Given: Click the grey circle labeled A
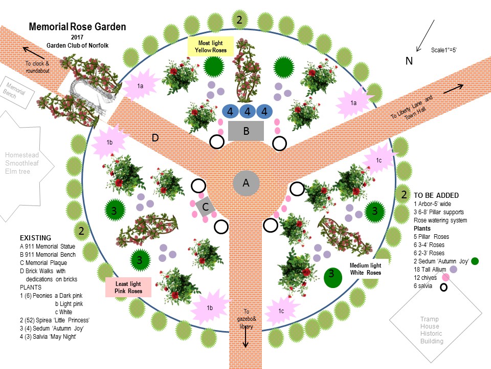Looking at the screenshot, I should point(245,183).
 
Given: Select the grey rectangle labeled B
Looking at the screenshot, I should point(245,131).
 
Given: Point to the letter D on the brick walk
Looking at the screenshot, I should point(155,138).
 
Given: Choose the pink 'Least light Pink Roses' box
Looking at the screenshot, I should point(128,287).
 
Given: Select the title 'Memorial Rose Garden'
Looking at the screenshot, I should point(77,27).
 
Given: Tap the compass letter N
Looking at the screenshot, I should point(409,61).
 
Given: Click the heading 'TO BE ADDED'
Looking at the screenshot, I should point(436,195).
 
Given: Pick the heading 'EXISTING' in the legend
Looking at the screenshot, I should point(35,238).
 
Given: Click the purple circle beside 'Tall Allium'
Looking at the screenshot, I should point(453,270).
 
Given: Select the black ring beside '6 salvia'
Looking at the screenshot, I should point(444,287).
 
